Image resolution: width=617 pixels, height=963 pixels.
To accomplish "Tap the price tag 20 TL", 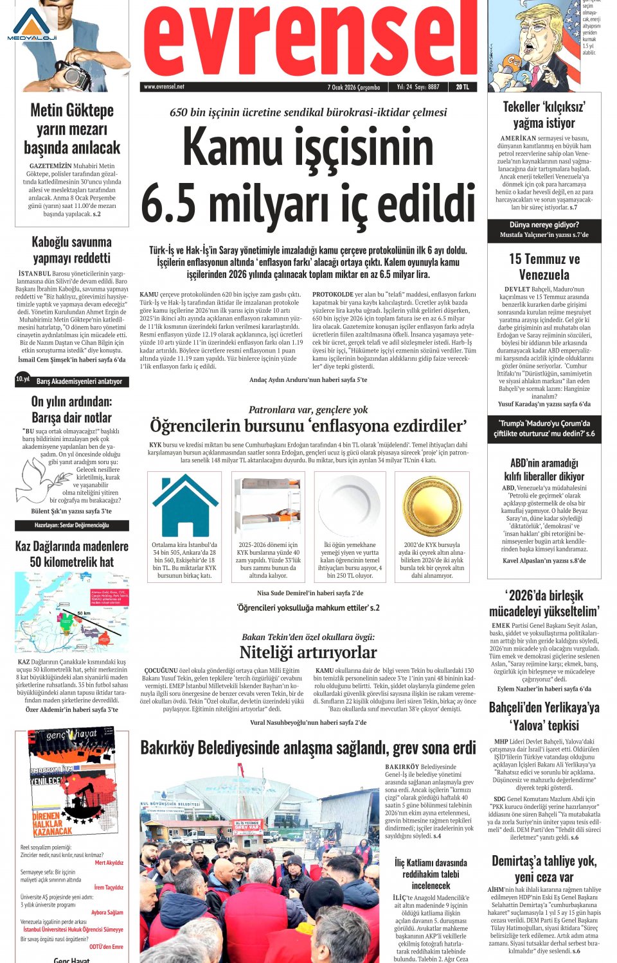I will tap(462, 87).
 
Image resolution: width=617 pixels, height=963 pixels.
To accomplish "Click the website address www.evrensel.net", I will tap(164, 87).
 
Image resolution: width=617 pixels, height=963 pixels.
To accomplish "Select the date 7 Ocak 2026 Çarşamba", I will tap(353, 87).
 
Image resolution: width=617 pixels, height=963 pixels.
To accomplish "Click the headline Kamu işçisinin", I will tap(308, 147).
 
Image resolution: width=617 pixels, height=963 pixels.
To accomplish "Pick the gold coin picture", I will tap(432, 507).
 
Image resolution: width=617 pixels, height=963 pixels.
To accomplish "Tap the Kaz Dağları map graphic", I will tap(72, 620).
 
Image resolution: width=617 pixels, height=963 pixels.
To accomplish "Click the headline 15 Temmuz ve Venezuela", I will tap(544, 267).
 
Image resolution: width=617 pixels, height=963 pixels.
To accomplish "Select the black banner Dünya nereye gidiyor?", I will tap(544, 230).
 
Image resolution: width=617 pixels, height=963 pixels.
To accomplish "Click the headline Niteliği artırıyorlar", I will tap(308, 652).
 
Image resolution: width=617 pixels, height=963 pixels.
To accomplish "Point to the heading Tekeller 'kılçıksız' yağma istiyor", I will tap(544, 115).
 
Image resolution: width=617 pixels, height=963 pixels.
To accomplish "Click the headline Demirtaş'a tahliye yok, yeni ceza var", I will tap(544, 869).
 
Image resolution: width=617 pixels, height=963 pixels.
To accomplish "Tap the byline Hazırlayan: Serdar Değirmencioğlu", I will tap(72, 525).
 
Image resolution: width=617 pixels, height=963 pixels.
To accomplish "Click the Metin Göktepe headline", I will tap(72, 129).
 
